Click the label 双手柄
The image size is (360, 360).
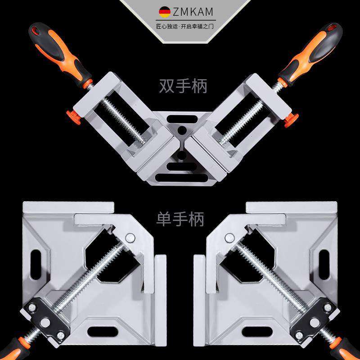(182, 85)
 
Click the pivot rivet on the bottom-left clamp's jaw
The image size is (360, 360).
(130, 237)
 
